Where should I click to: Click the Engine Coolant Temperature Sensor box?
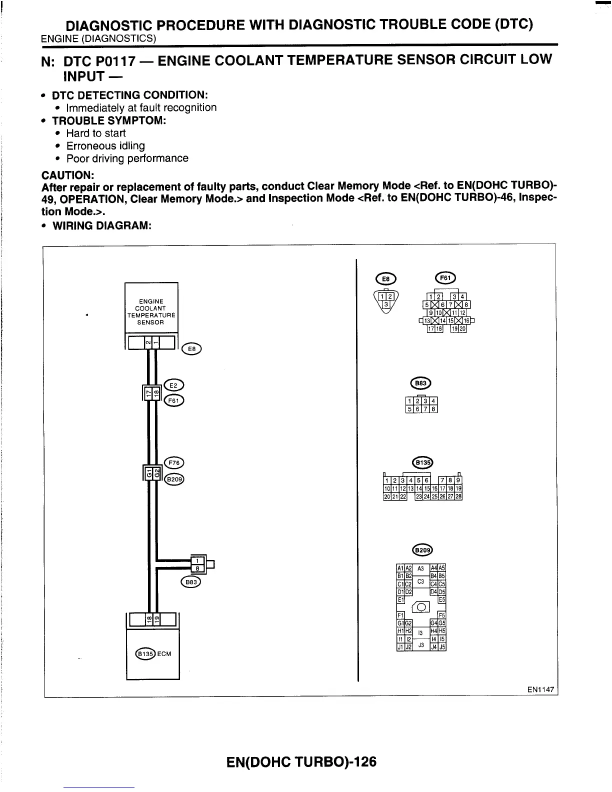click(x=151, y=311)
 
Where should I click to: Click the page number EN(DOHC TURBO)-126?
click(x=301, y=762)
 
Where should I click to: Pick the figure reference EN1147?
click(x=540, y=689)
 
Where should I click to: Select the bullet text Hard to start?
click(x=95, y=133)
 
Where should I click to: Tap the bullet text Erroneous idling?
click(x=105, y=146)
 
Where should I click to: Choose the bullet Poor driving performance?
click(x=127, y=158)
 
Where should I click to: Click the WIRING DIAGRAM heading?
click(x=101, y=225)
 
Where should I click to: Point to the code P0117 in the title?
click(x=114, y=60)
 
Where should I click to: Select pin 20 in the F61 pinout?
click(x=462, y=329)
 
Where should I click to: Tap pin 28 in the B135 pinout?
click(x=458, y=496)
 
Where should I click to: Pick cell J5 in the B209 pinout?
click(x=442, y=647)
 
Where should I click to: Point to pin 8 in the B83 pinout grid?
click(x=434, y=409)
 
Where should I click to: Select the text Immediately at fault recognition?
click(x=141, y=108)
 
